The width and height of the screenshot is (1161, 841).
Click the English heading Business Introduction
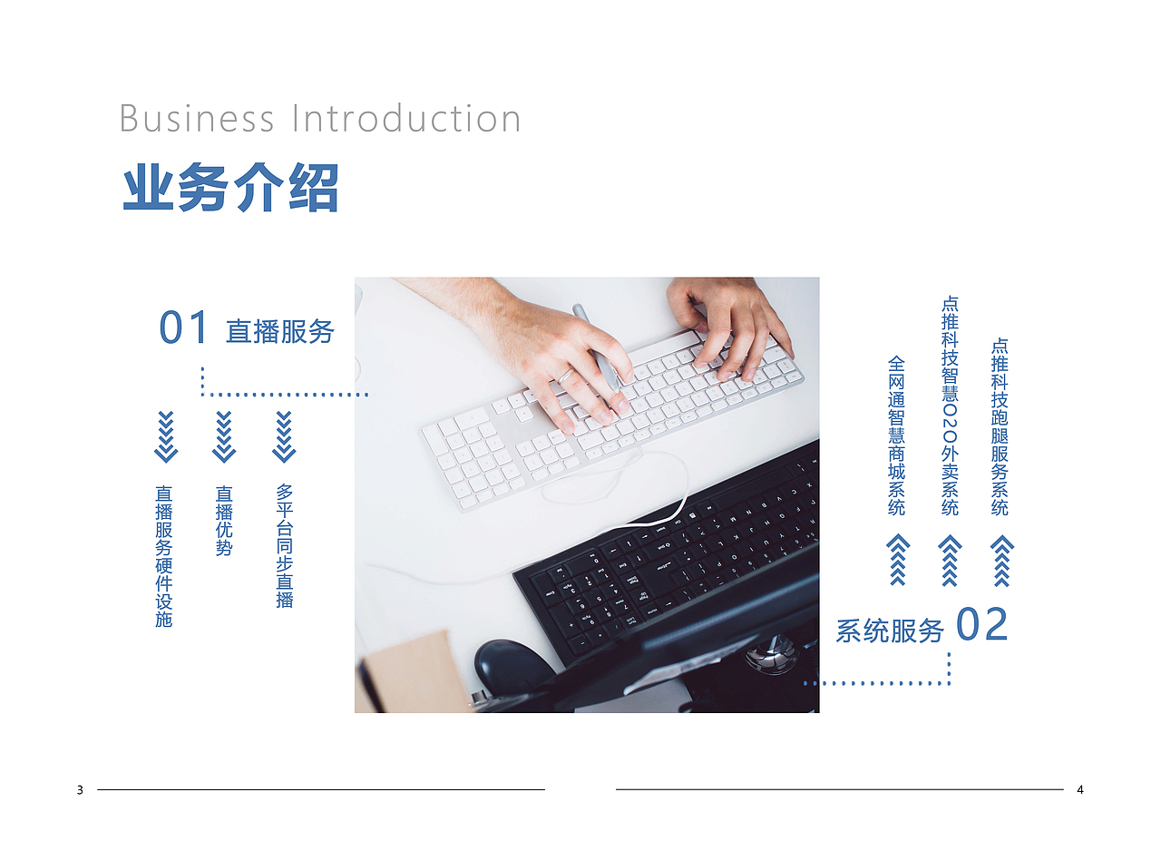[320, 119]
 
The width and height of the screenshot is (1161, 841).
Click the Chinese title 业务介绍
[230, 188]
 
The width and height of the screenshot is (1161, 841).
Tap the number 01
[184, 328]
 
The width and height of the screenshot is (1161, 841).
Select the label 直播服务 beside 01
[280, 331]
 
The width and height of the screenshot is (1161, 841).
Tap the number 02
[982, 626]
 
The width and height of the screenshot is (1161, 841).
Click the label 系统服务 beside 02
[890, 631]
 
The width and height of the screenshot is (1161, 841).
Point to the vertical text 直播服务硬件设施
[163, 556]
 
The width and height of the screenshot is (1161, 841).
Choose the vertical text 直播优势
[224, 521]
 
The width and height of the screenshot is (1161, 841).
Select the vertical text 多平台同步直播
[285, 545]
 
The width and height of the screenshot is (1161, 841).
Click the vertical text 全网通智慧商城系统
[896, 435]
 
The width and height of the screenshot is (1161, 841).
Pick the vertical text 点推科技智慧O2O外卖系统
[950, 406]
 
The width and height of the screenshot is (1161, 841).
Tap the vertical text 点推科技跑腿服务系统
[1000, 426]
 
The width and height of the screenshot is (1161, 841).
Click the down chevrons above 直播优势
[224, 436]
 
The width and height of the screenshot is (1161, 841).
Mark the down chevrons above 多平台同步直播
[284, 436]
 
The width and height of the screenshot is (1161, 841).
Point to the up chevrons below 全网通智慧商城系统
[897, 560]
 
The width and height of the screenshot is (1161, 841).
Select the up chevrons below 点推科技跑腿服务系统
[1001, 560]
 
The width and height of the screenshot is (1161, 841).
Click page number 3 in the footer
[80, 790]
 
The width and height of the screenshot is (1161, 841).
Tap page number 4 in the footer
[1080, 790]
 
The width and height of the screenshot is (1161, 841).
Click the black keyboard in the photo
[671, 553]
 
